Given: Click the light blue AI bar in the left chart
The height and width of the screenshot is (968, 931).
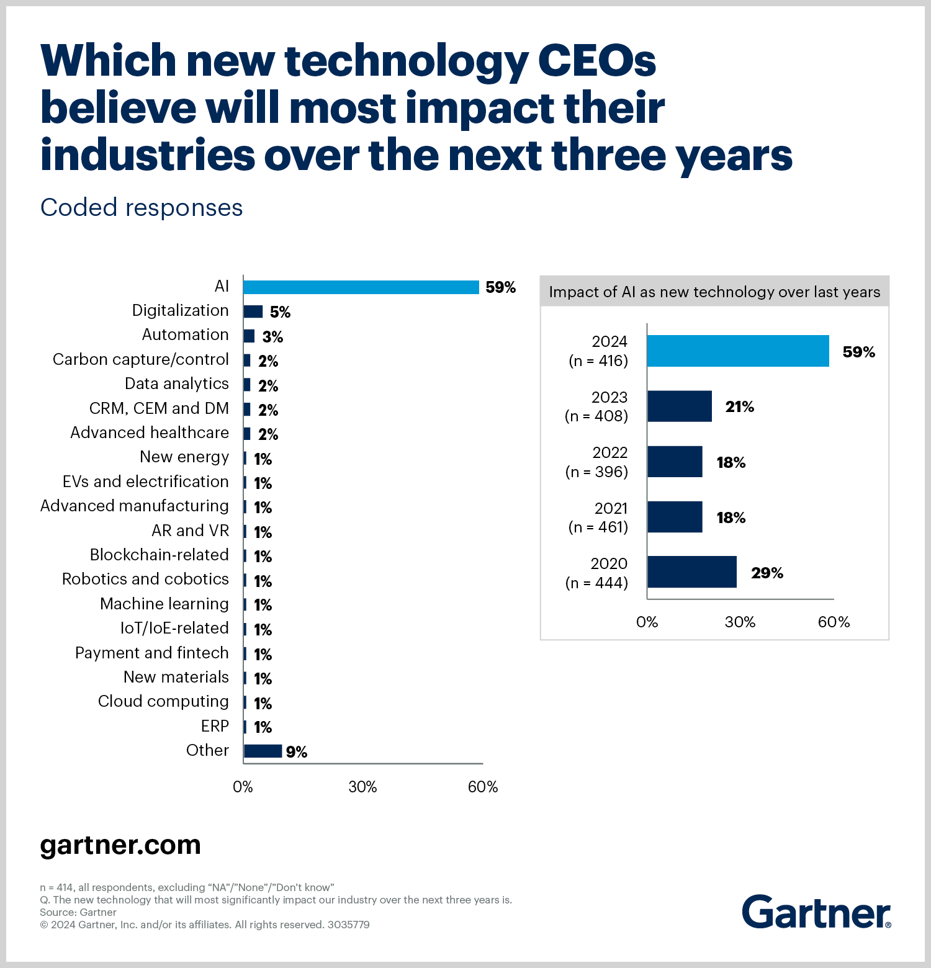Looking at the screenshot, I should (x=361, y=287).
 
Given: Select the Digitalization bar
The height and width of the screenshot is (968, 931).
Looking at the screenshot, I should (x=253, y=311).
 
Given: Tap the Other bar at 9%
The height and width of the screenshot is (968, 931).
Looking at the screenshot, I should (x=263, y=751).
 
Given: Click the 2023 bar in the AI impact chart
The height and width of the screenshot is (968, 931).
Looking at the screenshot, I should (x=680, y=406).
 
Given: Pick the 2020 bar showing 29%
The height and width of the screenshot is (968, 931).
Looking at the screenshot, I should (x=692, y=572).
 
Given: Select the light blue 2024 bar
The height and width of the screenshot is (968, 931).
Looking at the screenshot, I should (x=738, y=351).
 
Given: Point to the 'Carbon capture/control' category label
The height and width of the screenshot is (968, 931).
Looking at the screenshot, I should (x=141, y=360).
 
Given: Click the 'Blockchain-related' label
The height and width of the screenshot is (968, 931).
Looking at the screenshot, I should (x=160, y=555).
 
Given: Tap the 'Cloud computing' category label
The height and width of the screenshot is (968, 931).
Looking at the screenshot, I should (x=163, y=701).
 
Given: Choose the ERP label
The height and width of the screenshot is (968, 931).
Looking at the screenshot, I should (x=215, y=726).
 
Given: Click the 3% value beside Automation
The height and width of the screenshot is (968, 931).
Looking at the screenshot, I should (x=272, y=337).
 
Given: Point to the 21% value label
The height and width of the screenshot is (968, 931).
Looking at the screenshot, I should (x=740, y=407).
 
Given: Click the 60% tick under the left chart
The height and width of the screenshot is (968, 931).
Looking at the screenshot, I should (x=483, y=787).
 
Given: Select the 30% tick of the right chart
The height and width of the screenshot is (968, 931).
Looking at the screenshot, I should (x=740, y=622).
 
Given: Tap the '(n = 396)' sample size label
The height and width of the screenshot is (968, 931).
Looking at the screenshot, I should (x=596, y=472).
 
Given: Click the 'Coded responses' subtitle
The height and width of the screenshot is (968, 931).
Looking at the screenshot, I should (x=142, y=208).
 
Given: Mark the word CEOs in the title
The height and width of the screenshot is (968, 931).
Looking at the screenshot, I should (x=596, y=61).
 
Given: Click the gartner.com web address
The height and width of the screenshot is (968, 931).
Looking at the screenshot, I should (x=120, y=845).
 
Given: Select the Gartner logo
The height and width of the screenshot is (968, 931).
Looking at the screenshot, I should (x=816, y=912).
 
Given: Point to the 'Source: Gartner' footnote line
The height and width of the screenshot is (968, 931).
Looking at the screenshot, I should (x=78, y=912).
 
